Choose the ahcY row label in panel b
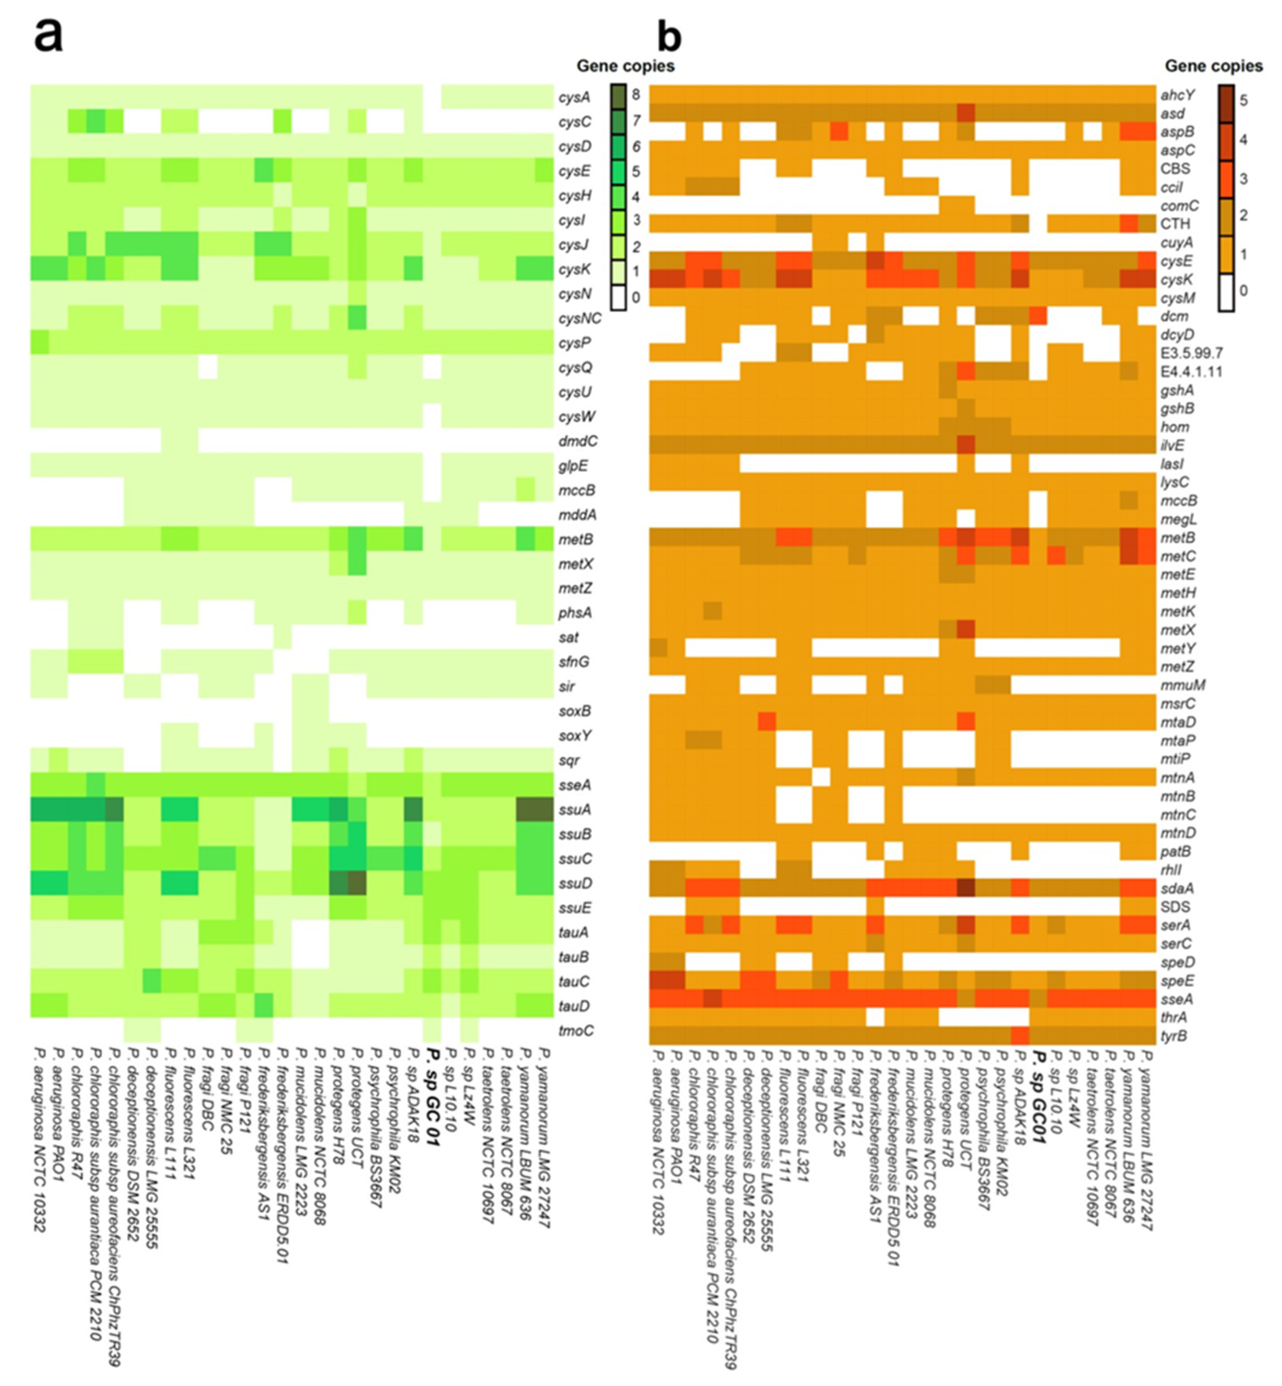(1177, 95)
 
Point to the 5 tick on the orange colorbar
(1243, 101)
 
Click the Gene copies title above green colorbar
(625, 66)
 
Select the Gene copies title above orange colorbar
(1213, 66)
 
